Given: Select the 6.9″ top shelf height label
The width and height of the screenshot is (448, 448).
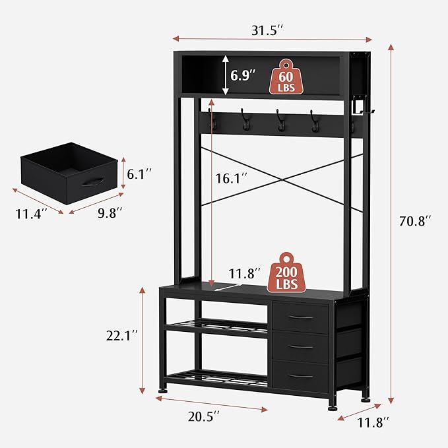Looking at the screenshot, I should click(243, 75).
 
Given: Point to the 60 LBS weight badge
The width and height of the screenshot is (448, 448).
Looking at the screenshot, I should click(286, 78).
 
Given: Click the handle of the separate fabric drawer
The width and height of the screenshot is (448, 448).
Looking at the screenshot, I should click(92, 183).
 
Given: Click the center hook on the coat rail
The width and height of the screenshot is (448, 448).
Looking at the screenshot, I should click(280, 121).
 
